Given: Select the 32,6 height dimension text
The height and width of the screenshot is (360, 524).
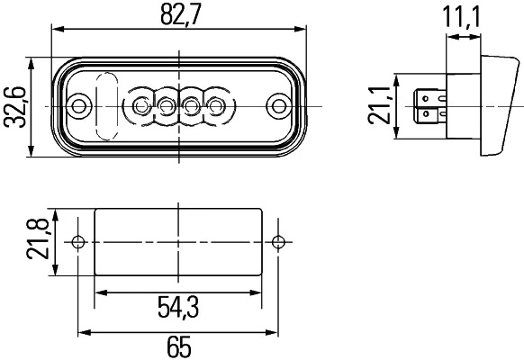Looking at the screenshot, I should (14, 107).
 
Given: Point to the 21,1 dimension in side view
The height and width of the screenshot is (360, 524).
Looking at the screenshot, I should (383, 106).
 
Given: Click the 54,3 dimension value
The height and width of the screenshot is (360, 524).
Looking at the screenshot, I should (177, 309).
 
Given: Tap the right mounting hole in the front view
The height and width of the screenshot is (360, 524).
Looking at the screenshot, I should (279, 107).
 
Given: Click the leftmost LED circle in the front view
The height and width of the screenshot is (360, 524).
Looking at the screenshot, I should (141, 107).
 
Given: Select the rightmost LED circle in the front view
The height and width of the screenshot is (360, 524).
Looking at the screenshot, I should (216, 107).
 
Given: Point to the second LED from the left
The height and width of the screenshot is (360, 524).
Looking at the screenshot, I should (167, 107).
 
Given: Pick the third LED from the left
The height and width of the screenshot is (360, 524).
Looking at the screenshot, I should (192, 107).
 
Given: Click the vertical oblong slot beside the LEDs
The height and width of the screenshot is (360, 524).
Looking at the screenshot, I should (106, 107).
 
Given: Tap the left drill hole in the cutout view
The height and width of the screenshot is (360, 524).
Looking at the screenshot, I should (78, 241).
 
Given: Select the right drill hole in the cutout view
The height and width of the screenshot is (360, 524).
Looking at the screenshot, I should (280, 241).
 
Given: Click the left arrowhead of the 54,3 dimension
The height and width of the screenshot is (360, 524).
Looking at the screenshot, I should (100, 292).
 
